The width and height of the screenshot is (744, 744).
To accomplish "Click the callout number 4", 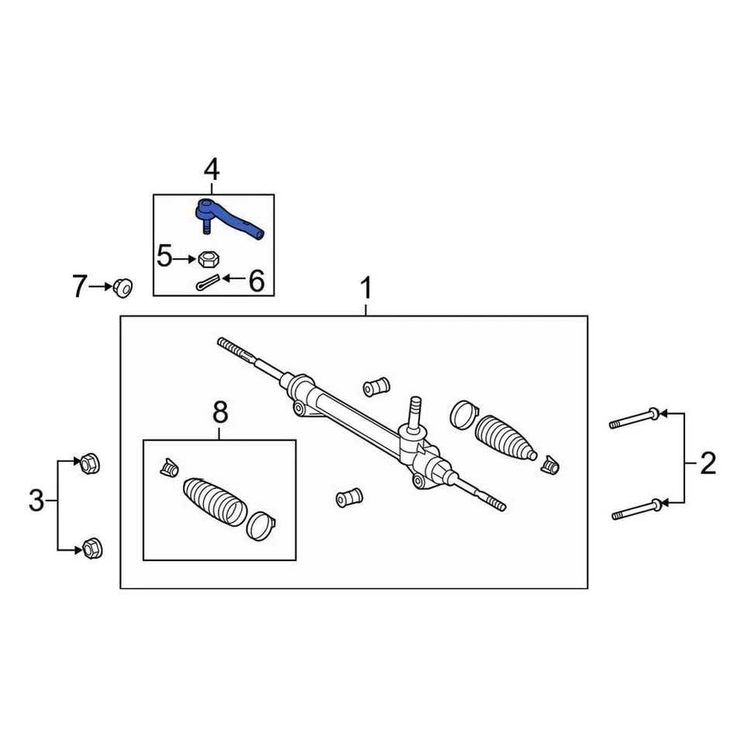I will tap(212, 170).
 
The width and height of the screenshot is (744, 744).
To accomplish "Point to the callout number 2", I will tap(708, 464).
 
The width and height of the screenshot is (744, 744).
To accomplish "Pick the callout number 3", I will tap(36, 501).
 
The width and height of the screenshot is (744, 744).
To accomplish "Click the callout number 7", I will tap(80, 287).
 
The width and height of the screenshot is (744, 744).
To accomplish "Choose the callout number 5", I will tap(164, 255).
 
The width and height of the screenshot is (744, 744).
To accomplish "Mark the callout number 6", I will tap(256, 281).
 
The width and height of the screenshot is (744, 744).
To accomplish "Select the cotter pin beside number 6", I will tap(208, 284).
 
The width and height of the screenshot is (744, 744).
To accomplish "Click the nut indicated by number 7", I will tap(122, 287).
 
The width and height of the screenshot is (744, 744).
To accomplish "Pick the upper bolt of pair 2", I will tap(634, 419).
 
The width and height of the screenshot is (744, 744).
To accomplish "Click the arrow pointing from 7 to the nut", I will tap(101, 287).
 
